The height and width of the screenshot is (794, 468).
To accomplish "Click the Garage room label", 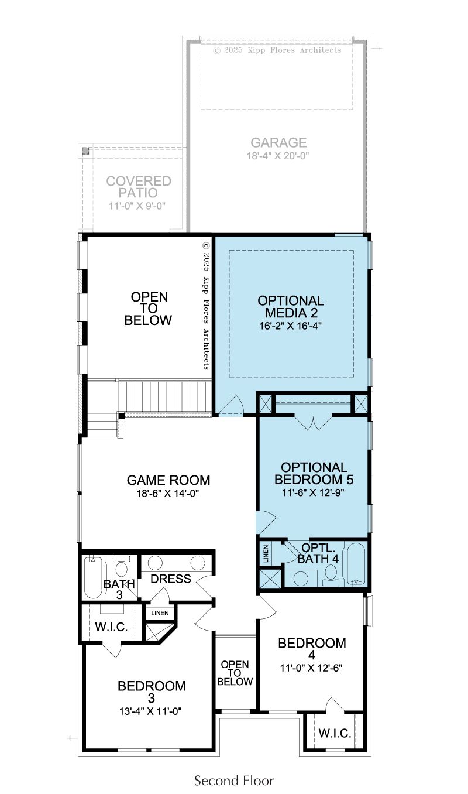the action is click(x=278, y=142).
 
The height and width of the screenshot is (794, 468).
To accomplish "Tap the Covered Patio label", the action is click(x=139, y=187).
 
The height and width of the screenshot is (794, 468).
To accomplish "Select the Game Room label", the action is click(x=168, y=480).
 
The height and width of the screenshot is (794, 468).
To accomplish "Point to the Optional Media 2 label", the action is click(x=291, y=307).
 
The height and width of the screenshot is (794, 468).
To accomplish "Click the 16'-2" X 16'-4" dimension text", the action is click(x=290, y=326).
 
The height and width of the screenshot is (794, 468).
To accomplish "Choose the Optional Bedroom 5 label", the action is click(x=314, y=473).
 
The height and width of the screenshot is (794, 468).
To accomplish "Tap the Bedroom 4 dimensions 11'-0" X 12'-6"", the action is click(x=311, y=668).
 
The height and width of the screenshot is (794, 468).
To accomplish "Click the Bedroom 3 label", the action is click(x=152, y=692).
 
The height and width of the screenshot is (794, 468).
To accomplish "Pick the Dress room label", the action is click(x=171, y=579).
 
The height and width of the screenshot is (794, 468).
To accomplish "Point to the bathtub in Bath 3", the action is click(x=93, y=577).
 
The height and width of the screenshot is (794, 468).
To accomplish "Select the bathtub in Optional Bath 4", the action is click(x=356, y=564).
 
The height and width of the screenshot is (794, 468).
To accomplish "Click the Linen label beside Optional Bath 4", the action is click(x=266, y=554).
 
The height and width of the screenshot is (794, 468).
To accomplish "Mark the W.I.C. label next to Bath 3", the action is click(x=111, y=627).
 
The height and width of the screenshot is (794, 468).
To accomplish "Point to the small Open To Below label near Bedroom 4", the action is click(x=235, y=673).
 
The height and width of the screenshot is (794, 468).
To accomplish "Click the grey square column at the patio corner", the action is click(x=85, y=151).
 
